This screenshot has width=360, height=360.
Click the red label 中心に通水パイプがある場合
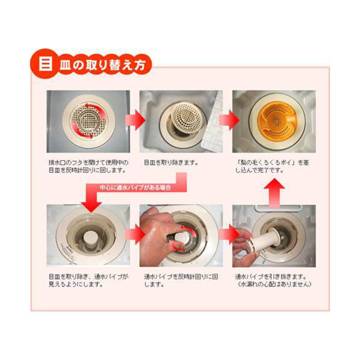[x=135, y=188]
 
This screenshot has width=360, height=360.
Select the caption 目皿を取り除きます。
[x=171, y=163]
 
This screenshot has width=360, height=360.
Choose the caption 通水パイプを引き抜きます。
[x=270, y=276]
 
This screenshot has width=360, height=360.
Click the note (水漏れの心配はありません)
[x=274, y=284]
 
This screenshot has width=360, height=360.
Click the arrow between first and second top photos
[x=136, y=120]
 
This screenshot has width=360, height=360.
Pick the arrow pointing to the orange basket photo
[x=229, y=120]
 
